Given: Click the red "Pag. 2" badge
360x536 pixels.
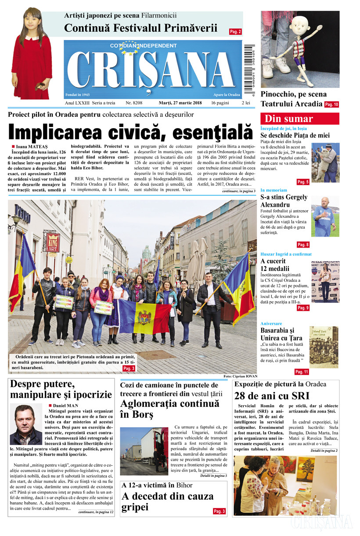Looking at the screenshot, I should [235, 32].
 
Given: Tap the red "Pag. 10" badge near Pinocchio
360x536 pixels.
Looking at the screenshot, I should [331, 104].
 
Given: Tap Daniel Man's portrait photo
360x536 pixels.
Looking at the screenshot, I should [26, 424].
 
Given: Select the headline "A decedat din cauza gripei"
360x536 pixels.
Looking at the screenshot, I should [167, 501].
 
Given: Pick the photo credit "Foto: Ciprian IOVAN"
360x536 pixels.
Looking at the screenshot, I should [239, 376].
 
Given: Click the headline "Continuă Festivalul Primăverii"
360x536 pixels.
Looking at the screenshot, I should [140, 28].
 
